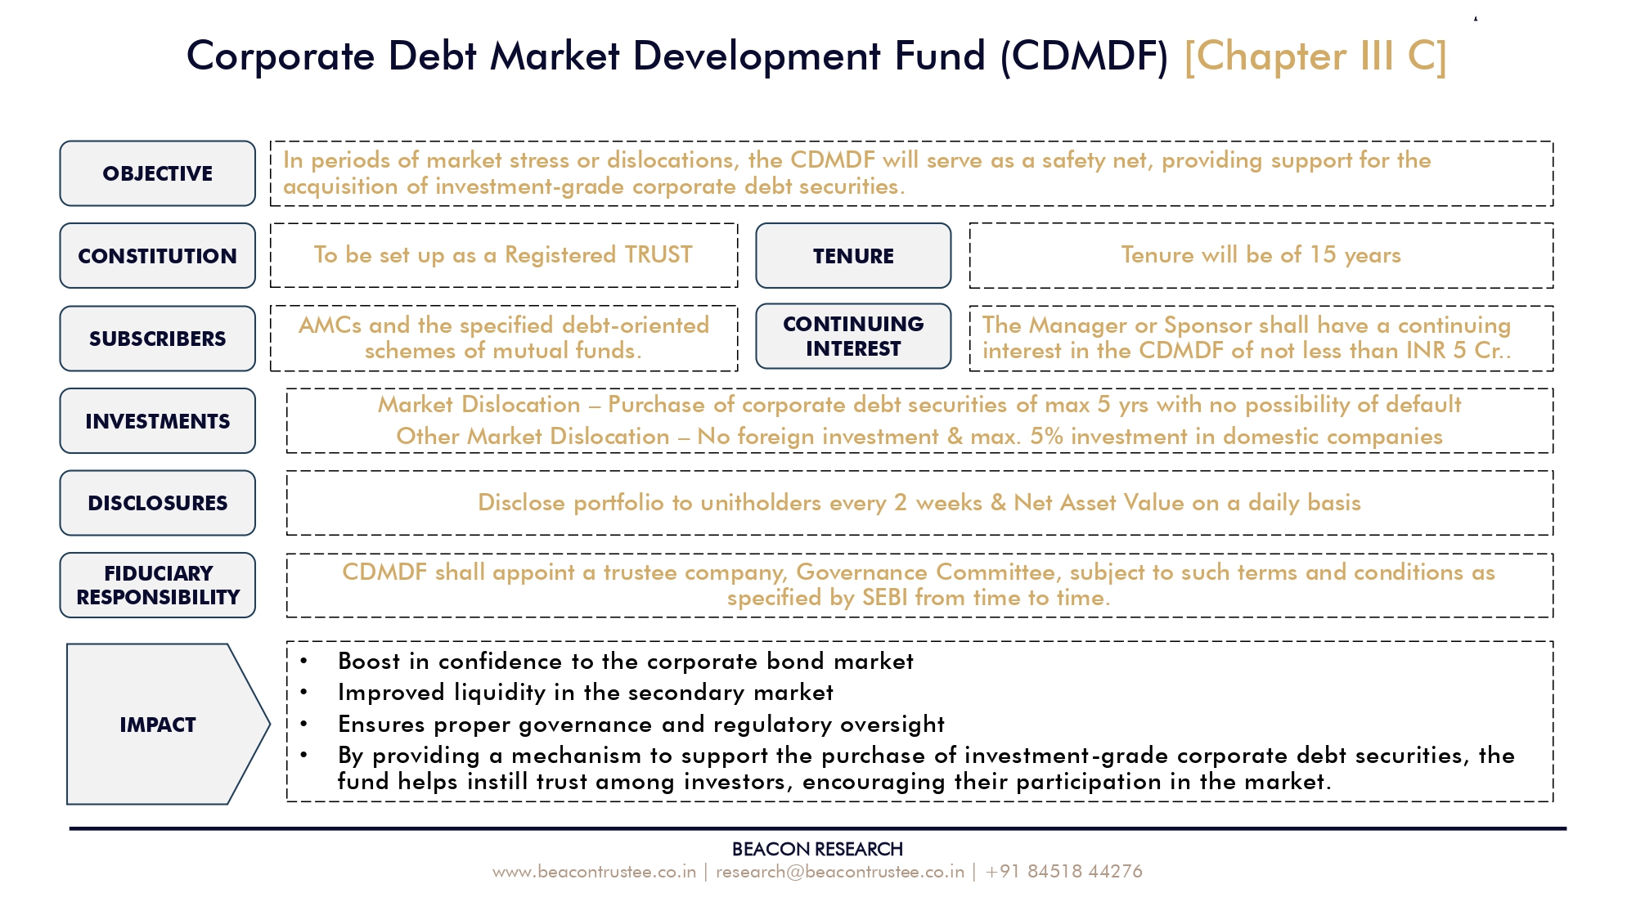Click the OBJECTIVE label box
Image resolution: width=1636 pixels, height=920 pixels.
click(157, 173)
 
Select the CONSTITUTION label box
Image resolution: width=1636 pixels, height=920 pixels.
click(157, 256)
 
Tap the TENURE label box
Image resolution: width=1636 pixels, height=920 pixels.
click(853, 256)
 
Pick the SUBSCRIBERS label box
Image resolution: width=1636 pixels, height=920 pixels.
click(157, 339)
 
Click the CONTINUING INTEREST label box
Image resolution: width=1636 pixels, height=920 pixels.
click(853, 336)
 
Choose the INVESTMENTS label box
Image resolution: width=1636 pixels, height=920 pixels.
click(157, 421)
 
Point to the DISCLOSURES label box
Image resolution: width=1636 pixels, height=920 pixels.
click(157, 503)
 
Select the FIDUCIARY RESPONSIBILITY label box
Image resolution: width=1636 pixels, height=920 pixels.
click(157, 585)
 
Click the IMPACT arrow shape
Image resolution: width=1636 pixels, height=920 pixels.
click(168, 725)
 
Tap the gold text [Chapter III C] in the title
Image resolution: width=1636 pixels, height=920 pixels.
click(1315, 56)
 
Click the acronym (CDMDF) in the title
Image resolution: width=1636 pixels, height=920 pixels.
click(1084, 56)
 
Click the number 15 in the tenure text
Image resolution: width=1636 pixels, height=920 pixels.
click(1323, 255)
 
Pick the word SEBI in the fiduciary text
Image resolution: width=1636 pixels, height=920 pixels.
click(885, 598)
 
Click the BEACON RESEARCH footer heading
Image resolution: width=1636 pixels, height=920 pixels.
click(817, 849)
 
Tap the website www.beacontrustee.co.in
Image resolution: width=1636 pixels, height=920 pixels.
click(594, 872)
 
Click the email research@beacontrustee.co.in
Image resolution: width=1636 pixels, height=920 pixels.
click(840, 872)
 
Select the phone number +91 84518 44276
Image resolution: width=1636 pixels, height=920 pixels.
click(1063, 872)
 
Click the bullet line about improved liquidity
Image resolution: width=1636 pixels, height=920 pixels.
click(585, 693)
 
